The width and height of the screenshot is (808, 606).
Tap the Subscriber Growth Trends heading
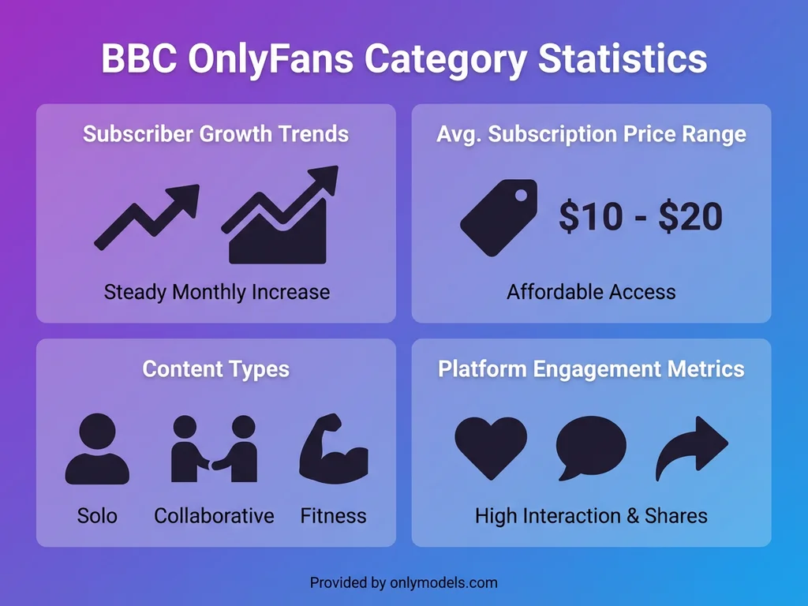pyautogui.click(x=215, y=133)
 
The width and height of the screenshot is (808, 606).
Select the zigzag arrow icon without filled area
pyautogui.click(x=147, y=217)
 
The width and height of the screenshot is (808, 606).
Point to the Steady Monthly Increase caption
pyautogui.click(x=216, y=292)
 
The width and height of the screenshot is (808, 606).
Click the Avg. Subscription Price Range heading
pyautogui.click(x=591, y=133)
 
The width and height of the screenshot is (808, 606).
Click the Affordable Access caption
pyautogui.click(x=591, y=292)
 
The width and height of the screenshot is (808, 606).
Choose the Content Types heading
pyautogui.click(x=215, y=368)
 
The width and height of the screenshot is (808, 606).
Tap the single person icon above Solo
pyautogui.click(x=97, y=449)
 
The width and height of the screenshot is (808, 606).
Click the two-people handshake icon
pyautogui.click(x=215, y=449)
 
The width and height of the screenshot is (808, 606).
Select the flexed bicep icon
pyautogui.click(x=334, y=449)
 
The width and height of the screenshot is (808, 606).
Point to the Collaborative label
pyautogui.click(x=214, y=516)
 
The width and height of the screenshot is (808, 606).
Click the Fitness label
pyautogui.click(x=333, y=516)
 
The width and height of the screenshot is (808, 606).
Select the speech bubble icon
pyautogui.click(x=591, y=447)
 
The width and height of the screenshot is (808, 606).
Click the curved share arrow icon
pyautogui.click(x=691, y=447)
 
